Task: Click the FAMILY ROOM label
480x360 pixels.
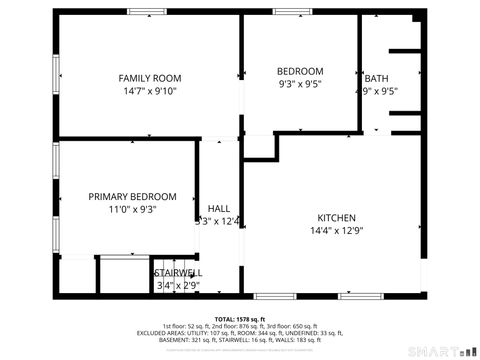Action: (x=149, y=78)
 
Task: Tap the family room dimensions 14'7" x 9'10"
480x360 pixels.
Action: (x=149, y=91)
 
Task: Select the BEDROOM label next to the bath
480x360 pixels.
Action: (x=300, y=71)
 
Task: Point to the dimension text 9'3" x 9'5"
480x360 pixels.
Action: (x=300, y=85)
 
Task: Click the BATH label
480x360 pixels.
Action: (x=377, y=79)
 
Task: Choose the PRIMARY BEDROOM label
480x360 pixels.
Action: (x=132, y=197)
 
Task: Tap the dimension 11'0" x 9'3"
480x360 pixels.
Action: (x=132, y=210)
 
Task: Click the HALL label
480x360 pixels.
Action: (x=218, y=209)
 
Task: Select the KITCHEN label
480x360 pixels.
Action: (x=336, y=218)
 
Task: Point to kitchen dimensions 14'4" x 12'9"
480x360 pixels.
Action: (x=336, y=231)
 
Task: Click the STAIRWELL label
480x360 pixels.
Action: (x=178, y=272)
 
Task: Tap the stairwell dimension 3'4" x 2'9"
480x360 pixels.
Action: (x=178, y=285)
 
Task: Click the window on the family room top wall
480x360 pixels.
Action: (x=147, y=12)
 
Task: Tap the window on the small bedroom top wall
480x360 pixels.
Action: (x=292, y=12)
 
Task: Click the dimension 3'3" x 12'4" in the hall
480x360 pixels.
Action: (x=218, y=222)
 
